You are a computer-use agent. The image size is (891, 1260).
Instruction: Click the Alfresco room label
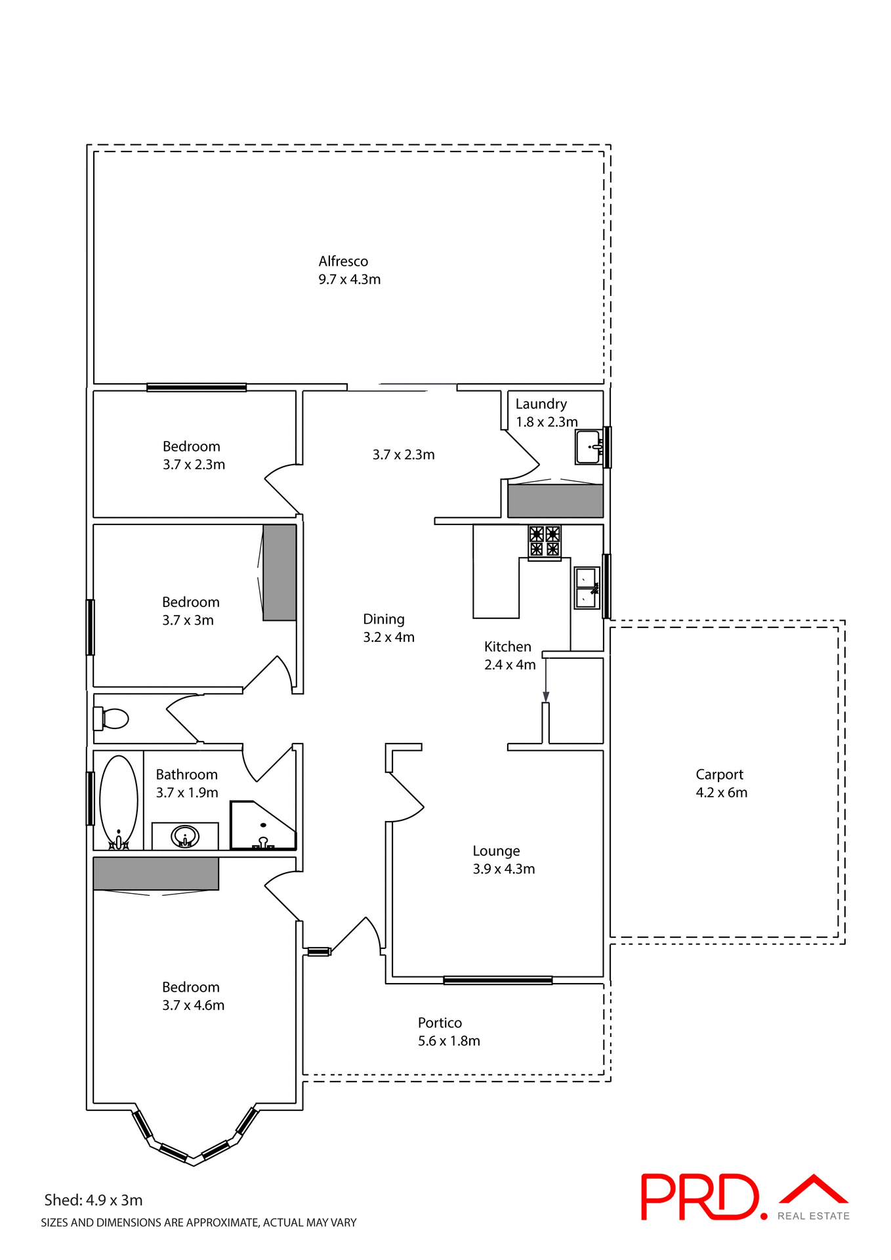tap(343, 261)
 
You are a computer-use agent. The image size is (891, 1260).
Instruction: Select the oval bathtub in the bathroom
tap(118, 801)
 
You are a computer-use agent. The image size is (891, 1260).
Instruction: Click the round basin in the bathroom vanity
tap(185, 836)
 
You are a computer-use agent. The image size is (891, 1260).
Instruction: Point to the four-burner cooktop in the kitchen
tap(545, 541)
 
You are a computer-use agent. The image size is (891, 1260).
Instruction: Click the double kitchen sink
tap(587, 588)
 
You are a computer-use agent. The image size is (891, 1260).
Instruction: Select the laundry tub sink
tap(589, 447)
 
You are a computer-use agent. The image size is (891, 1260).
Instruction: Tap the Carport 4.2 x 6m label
tap(721, 784)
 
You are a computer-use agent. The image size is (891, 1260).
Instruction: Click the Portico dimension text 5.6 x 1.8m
tap(449, 1041)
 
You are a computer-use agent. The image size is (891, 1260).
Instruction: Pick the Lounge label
tap(496, 851)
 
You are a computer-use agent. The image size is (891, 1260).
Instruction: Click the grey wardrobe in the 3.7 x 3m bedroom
tap(280, 572)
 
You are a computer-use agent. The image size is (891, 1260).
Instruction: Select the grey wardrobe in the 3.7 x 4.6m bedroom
tap(155, 873)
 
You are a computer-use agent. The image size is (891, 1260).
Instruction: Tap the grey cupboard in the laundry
tap(555, 501)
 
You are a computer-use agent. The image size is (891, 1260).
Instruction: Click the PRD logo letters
tap(699, 1197)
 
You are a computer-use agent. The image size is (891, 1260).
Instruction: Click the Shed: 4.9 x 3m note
tap(93, 1200)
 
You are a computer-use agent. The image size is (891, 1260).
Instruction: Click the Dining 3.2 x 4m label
tap(388, 628)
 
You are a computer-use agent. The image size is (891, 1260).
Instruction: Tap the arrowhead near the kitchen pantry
tap(546, 696)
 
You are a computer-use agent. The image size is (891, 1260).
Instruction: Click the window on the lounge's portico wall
tap(497, 980)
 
